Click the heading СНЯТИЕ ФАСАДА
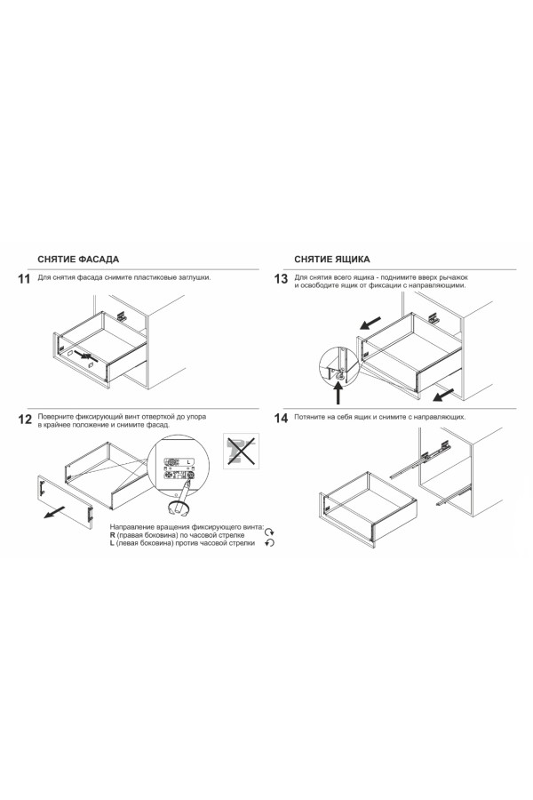(78, 260)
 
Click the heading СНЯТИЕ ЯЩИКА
(332, 260)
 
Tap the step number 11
(25, 279)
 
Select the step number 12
(25, 420)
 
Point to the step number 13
(281, 279)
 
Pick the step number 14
(281, 419)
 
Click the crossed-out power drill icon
(242, 451)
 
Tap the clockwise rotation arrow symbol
(270, 532)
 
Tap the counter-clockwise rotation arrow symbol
(270, 543)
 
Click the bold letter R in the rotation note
(112, 535)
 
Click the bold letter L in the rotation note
(112, 543)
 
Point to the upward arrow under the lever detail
(338, 394)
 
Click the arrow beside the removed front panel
(54, 512)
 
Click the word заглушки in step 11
(195, 277)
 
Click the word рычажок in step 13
(453, 278)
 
